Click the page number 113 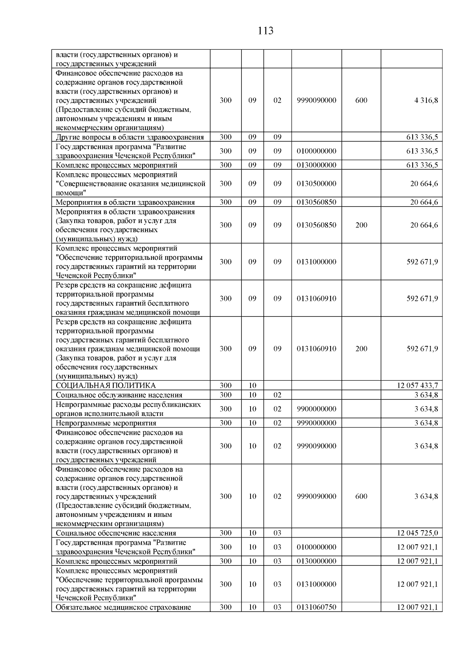click(265, 31)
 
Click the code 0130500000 click(316, 184)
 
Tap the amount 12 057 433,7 click(417, 385)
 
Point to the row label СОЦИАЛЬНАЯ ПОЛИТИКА click(106, 385)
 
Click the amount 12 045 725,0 click(417, 533)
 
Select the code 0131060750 click(316, 607)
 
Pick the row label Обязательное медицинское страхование click(123, 607)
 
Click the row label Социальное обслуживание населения click(119, 395)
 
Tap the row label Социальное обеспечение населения click(116, 533)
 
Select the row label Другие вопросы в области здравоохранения click(130, 137)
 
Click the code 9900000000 click(316, 409)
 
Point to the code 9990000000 click(316, 423)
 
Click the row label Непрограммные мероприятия click(106, 423)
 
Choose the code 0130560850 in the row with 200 click(316, 225)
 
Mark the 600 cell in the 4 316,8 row click(361, 100)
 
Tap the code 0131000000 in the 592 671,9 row click(316, 262)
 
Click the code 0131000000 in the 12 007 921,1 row click(316, 584)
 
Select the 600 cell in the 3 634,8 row click(361, 496)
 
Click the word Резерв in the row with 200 click(66, 322)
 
